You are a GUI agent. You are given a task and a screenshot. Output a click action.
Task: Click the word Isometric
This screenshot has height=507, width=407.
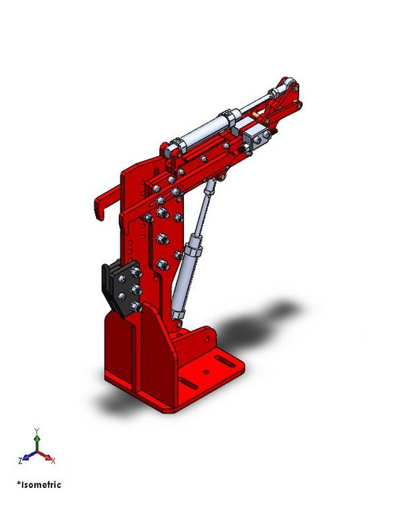40,485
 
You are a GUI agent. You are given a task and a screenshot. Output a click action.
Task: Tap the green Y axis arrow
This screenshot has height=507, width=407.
36,439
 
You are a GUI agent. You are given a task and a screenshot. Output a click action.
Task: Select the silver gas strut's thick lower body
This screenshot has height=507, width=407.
187,269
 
